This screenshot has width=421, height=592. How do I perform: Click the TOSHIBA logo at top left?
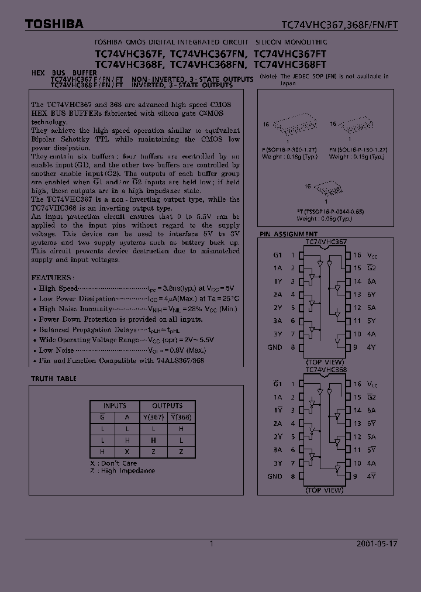tap(54, 24)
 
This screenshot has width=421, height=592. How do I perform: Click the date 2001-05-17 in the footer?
tap(377, 543)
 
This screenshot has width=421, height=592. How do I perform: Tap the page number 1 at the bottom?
tap(211, 543)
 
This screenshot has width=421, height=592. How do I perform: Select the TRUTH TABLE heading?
tap(54, 379)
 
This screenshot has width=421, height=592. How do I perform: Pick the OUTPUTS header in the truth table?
tap(167, 406)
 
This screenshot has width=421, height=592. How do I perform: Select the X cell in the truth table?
tap(127, 451)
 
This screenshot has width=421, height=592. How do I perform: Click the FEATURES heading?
tap(52, 277)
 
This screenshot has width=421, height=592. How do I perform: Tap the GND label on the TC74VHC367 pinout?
tap(275, 347)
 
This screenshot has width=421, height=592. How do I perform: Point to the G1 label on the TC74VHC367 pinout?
tap(277, 255)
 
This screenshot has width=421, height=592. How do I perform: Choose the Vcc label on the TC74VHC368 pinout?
tap(372, 384)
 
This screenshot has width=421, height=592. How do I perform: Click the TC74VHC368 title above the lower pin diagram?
tap(326, 370)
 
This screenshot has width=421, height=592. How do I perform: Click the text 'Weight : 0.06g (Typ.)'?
tap(325, 218)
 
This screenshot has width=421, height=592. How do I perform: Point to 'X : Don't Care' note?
tap(115, 463)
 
